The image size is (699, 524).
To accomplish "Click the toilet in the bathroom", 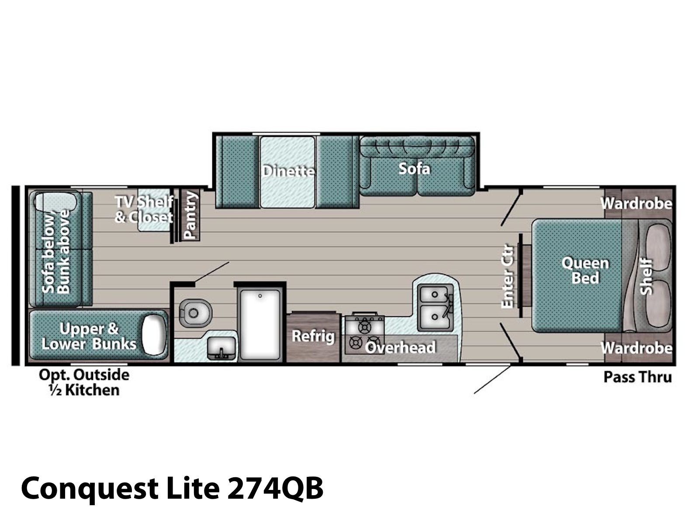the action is (x=195, y=313).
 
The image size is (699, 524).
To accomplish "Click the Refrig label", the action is (x=313, y=336).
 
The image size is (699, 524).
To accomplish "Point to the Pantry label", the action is (x=190, y=215).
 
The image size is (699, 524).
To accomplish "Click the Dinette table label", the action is (x=288, y=171).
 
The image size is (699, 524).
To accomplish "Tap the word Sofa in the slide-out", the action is (x=414, y=169).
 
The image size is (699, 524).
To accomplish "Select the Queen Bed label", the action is (x=585, y=270).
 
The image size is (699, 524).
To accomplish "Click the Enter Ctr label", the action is (x=507, y=276).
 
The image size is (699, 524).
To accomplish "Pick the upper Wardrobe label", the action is (x=636, y=203).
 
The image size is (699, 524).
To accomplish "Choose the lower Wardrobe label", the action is (x=636, y=348).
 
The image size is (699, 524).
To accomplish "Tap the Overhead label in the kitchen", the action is (x=400, y=348).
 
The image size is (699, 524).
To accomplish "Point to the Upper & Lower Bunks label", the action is (x=89, y=336).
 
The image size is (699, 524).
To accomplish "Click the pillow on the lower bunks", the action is (x=155, y=334).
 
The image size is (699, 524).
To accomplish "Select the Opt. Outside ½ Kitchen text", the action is (x=84, y=383).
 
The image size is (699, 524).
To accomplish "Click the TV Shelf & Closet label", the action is (x=144, y=209).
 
